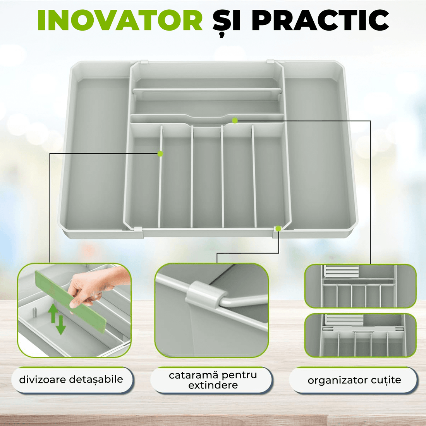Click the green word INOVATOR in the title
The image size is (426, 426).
120,20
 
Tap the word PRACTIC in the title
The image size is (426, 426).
321,20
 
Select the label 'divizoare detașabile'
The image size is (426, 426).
71,380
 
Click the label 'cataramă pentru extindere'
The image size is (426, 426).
213,380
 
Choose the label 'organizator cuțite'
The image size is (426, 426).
354,380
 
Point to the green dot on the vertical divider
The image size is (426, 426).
160,154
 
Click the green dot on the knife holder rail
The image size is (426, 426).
235,121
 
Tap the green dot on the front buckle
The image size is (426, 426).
278,229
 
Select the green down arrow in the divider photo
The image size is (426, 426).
61,325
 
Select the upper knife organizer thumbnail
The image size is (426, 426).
360,286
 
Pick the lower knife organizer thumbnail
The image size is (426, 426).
360,335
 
